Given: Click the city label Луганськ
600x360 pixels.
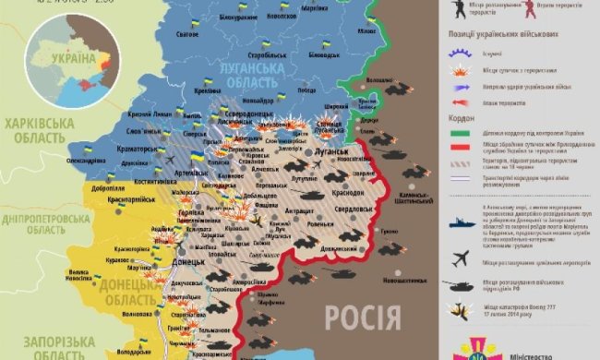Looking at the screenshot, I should [x=331, y=150].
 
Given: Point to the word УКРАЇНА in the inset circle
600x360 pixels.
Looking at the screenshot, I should [x=69, y=57].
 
